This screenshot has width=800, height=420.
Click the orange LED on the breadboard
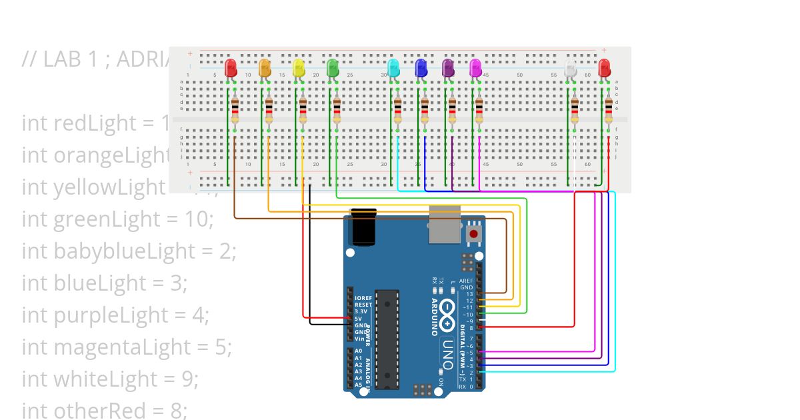coord(265,67)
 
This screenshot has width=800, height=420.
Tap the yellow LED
coord(299,67)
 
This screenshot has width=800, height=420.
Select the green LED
coord(333,67)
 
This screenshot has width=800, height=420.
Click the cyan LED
coord(393,67)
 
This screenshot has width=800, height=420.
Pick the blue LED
coord(421,67)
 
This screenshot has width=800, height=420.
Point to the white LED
coord(570,67)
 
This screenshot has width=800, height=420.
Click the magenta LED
coord(475,67)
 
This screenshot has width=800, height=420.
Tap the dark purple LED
coord(448,67)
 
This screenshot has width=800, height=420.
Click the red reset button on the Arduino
coord(474,233)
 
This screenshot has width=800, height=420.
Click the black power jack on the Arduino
coord(364,228)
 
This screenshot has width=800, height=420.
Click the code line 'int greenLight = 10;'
coord(117,219)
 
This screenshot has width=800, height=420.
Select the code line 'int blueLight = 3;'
coord(105,283)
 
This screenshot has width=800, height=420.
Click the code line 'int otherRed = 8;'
coord(105,411)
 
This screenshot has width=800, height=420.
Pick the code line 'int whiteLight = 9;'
coord(111,379)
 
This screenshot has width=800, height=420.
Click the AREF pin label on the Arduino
coord(466,281)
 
